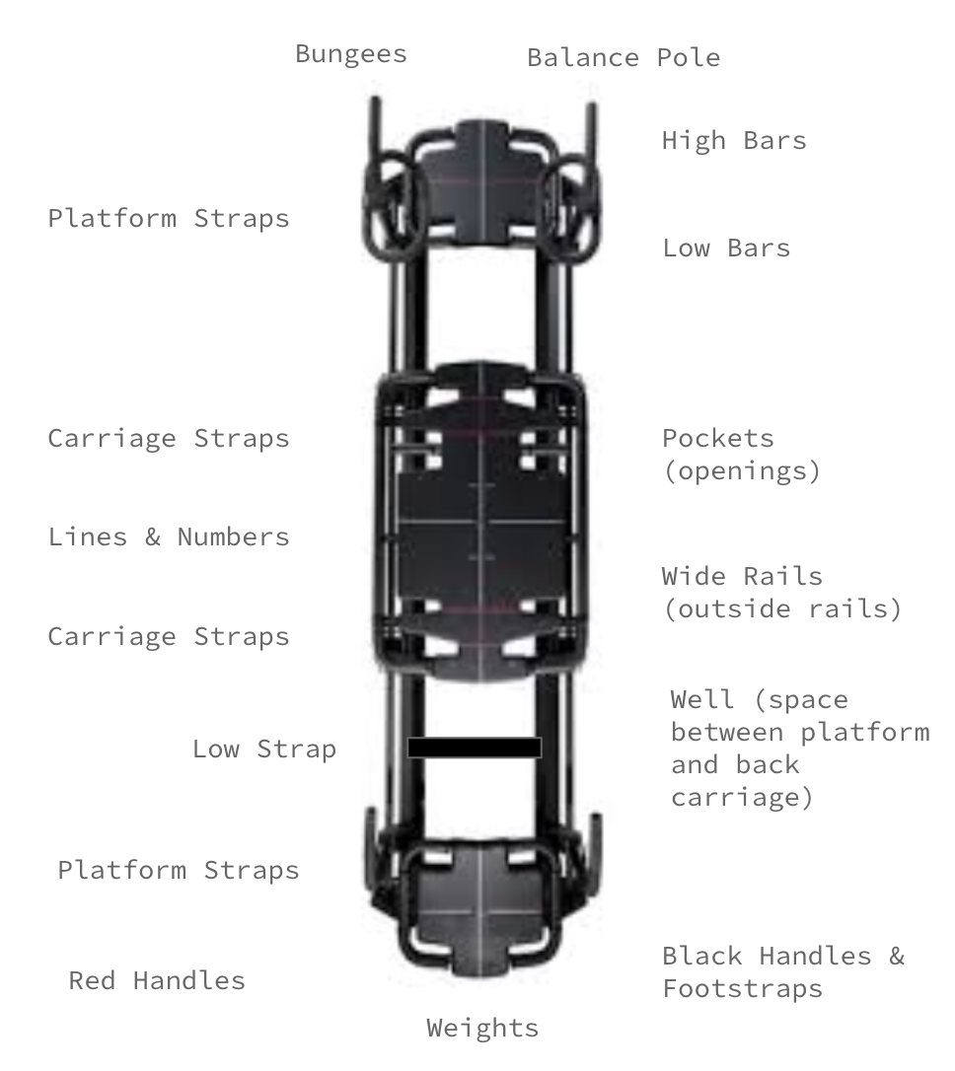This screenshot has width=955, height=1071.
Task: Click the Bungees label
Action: coord(350,53)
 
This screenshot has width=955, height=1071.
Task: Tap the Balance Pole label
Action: coord(623,57)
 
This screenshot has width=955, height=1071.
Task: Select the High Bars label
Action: coord(733,140)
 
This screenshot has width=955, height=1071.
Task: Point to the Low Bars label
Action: coord(725,248)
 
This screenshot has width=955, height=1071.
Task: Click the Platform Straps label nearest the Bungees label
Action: coord(169,218)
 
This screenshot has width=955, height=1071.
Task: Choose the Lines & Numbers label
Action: coord(169,537)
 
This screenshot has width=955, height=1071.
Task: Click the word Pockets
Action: coord(717,438)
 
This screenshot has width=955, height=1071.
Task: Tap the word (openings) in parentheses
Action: coord(741,470)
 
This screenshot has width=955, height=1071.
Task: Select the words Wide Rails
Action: coord(741,576)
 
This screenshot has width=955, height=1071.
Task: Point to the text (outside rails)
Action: coord(781,608)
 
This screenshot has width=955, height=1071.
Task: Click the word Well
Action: coord(702,700)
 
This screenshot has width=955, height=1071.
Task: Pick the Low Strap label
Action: coord(263,750)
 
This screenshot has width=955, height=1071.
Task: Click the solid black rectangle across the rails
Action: coord(475,748)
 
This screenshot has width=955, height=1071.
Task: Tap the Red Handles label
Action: coord(156,981)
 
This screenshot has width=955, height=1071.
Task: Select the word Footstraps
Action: coord(741,989)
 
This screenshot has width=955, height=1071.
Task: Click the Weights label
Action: coord(482,1029)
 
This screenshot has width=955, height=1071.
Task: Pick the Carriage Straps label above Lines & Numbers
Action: coord(169,439)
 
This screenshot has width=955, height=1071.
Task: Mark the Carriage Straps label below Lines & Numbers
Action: coord(169,637)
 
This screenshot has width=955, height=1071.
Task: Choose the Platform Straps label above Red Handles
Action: coord(178,871)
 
